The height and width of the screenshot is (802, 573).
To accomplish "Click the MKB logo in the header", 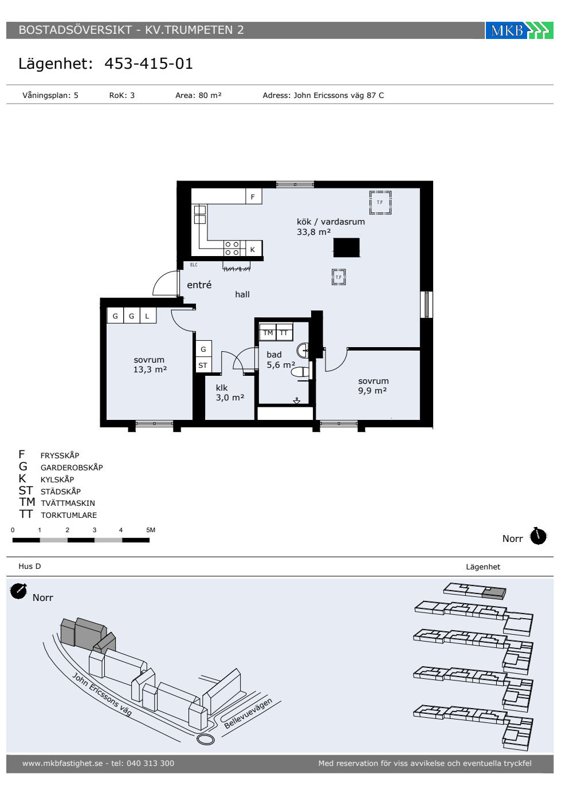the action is [519, 30].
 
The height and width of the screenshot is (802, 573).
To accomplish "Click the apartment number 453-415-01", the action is [148, 64].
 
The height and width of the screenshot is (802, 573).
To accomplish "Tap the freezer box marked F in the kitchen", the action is [253, 196].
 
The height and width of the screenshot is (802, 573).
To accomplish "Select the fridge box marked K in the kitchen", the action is [253, 249].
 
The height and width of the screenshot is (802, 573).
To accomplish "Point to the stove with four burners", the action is [231, 248].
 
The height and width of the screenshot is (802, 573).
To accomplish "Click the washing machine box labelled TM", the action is [268, 332].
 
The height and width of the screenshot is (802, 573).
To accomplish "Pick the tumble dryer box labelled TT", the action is [284, 332].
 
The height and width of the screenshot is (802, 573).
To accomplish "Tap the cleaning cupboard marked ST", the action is [203, 365].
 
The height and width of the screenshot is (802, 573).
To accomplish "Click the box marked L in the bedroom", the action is [148, 316].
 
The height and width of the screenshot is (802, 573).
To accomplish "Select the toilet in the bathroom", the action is [300, 372].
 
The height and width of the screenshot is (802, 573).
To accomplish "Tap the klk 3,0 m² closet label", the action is [230, 393].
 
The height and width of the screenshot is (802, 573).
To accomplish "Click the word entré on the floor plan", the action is [199, 285].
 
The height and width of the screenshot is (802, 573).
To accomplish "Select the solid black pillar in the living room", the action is [346, 247].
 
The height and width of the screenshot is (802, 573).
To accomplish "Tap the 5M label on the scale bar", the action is [151, 530].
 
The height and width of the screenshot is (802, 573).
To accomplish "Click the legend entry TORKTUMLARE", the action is [69, 515].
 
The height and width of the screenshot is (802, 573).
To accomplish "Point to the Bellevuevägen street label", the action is [248, 713].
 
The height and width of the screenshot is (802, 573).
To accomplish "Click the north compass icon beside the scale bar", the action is [538, 537].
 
